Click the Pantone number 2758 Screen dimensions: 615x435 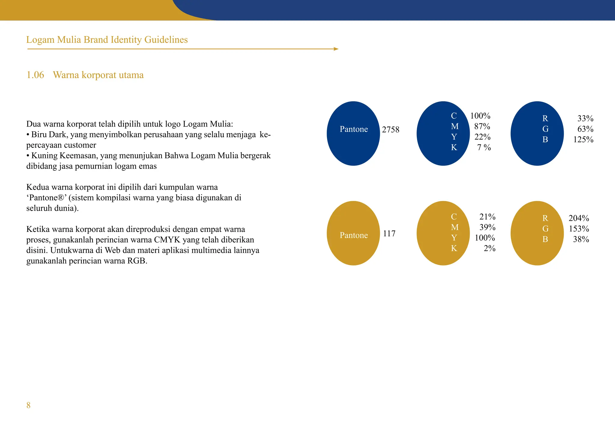pyautogui.click(x=391, y=130)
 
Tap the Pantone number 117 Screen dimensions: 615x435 pyautogui.click(x=389, y=234)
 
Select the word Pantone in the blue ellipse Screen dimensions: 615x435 pyautogui.click(x=354, y=129)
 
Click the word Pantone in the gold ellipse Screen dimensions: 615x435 pyautogui.click(x=354, y=235)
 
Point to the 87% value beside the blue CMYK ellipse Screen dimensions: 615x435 pyautogui.click(x=482, y=126)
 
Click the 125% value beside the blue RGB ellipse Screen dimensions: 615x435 pyautogui.click(x=583, y=140)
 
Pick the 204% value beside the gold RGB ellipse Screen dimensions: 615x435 pyautogui.click(x=579, y=218)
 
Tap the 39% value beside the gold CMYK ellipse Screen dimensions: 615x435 pyautogui.click(x=487, y=227)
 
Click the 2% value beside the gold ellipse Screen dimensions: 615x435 pyautogui.click(x=489, y=248)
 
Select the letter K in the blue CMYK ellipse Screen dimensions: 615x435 pyautogui.click(x=454, y=148)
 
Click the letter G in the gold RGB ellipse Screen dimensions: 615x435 pyautogui.click(x=545, y=229)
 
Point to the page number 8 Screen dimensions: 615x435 pyautogui.click(x=29, y=406)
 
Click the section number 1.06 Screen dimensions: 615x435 pyautogui.click(x=35, y=75)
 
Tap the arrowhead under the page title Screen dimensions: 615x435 pyautogui.click(x=336, y=49)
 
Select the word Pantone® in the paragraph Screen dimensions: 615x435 pyautogui.click(x=46, y=198)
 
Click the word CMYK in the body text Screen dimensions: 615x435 pyautogui.click(x=167, y=240)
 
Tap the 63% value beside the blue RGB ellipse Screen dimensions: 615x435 pyautogui.click(x=585, y=129)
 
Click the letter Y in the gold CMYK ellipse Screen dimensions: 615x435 pyautogui.click(x=454, y=238)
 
